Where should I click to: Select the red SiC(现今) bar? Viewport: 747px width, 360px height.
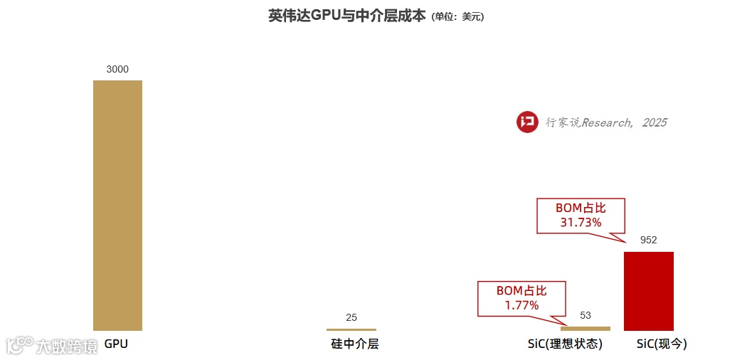pyautogui.click(x=648, y=291)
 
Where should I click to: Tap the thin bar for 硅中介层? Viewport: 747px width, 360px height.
pyautogui.click(x=351, y=329)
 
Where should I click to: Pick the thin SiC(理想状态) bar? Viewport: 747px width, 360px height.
pyautogui.click(x=585, y=328)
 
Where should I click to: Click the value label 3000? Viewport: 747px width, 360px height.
pyautogui.click(x=117, y=69)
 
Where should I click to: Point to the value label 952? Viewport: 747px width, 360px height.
pyautogui.click(x=648, y=240)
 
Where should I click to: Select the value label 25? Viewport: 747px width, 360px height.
pyautogui.click(x=351, y=317)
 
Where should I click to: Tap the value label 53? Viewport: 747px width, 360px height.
pyautogui.click(x=586, y=315)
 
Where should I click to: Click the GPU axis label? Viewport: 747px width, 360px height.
pyautogui.click(x=116, y=344)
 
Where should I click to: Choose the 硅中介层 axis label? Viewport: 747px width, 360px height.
pyautogui.click(x=355, y=344)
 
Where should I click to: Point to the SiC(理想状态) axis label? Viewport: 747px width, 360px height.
pyautogui.click(x=565, y=344)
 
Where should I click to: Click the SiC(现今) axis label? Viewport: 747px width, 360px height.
pyautogui.click(x=662, y=344)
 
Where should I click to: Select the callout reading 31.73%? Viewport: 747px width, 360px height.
pyautogui.click(x=580, y=215)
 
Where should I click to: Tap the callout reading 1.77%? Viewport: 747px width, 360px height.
pyautogui.click(x=521, y=298)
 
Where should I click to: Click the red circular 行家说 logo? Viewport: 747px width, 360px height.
pyautogui.click(x=527, y=122)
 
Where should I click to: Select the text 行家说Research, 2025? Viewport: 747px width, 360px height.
pyautogui.click(x=606, y=123)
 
